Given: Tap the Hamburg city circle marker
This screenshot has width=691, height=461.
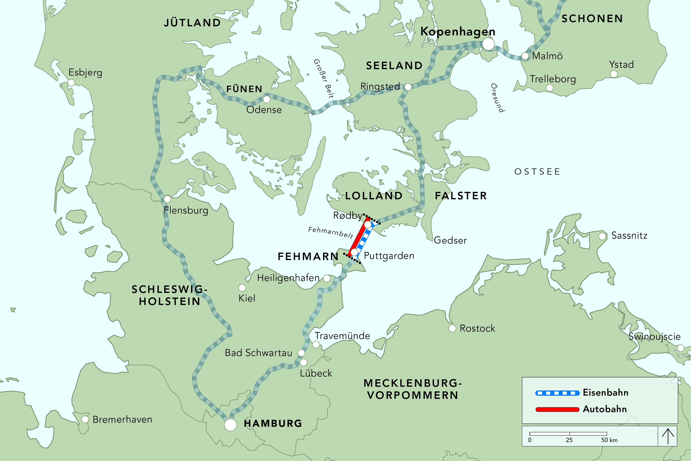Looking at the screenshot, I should [230, 425].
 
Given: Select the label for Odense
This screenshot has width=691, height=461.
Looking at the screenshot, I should [264, 110].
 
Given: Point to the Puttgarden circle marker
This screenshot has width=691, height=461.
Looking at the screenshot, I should [354, 252].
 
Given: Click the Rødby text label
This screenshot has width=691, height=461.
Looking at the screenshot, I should [347, 216].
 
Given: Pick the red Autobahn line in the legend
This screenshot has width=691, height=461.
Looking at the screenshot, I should [557, 409].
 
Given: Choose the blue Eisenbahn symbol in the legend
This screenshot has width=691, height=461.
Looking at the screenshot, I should [557, 393].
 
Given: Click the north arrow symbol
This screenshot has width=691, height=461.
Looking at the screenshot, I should [668, 436].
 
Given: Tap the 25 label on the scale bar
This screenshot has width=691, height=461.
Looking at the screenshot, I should [569, 440].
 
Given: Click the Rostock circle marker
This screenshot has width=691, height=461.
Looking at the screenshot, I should [452, 328].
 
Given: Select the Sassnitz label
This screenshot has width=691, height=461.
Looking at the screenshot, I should [629, 235].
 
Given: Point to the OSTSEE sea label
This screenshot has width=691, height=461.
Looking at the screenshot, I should [537, 172].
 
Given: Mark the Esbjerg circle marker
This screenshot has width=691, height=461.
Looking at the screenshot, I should [71, 83].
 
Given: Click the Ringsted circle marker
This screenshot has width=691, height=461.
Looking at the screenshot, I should [408, 87].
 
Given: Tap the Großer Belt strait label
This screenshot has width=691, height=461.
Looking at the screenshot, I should [324, 78].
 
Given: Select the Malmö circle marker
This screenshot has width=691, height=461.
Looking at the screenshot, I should [525, 56].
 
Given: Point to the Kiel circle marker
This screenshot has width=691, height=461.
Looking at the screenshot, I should [242, 288].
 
